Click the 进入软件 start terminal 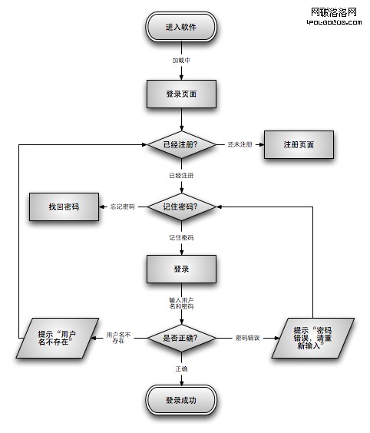(x=181, y=27)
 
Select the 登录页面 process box (x=181, y=94)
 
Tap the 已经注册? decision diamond (x=181, y=144)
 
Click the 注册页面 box (x=299, y=144)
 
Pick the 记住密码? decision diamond (x=181, y=207)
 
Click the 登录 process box (x=181, y=269)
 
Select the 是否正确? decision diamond (x=181, y=337)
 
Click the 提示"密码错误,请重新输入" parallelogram (x=312, y=336)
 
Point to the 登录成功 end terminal (x=181, y=401)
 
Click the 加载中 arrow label (x=181, y=60)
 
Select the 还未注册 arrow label (x=240, y=144)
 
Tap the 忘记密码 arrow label (x=122, y=207)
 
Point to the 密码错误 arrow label (x=247, y=337)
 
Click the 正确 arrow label (x=181, y=369)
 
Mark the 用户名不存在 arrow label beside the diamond (x=118, y=337)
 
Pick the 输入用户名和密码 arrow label (x=181, y=302)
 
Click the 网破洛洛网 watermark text (x=334, y=12)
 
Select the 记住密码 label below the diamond (x=181, y=238)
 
